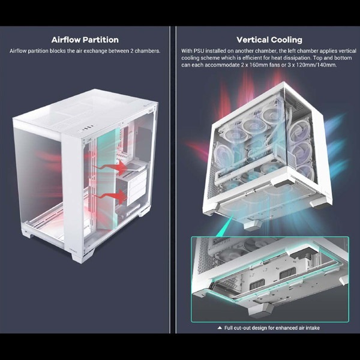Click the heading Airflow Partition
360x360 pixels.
point(85,40)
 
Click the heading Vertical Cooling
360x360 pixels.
point(269,40)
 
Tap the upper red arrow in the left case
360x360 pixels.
point(110,167)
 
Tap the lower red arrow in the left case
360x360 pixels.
point(110,196)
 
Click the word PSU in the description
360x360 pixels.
point(199,51)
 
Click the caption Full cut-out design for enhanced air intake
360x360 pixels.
point(272,328)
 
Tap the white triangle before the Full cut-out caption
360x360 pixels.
point(220,328)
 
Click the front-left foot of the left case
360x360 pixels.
point(26,233)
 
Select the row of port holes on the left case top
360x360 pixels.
point(85,129)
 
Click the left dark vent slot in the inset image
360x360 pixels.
point(257,284)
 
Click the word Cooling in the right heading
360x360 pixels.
point(287,40)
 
